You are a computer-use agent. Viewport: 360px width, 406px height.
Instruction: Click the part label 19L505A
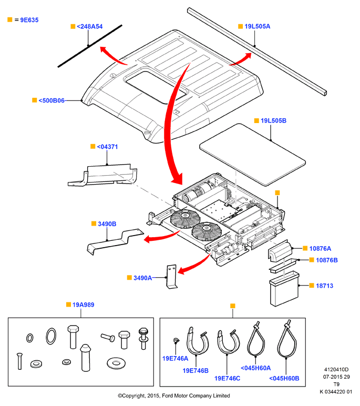(x=257, y=26)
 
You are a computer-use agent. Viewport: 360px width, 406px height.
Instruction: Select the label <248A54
(x=89, y=27)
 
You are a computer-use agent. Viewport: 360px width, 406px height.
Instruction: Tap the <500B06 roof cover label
(x=52, y=100)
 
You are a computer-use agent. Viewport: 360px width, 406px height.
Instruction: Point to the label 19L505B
(x=273, y=120)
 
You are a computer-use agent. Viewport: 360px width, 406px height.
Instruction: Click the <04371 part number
(x=107, y=147)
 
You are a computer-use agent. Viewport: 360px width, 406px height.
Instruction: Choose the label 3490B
(x=107, y=224)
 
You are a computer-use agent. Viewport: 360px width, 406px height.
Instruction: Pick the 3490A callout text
(x=142, y=278)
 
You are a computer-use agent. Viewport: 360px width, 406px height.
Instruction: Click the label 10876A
(x=320, y=249)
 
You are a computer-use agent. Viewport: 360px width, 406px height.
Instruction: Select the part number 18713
(x=325, y=286)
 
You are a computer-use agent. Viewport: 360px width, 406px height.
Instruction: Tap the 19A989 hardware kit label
(x=84, y=305)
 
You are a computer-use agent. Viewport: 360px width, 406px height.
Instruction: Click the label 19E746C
(x=227, y=379)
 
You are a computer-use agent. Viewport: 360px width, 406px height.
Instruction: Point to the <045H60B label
(x=284, y=379)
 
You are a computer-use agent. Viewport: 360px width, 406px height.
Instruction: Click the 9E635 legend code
(x=29, y=20)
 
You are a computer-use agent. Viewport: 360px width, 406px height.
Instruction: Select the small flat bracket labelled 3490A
(x=171, y=277)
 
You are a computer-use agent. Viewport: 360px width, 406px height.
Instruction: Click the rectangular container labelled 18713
(x=284, y=289)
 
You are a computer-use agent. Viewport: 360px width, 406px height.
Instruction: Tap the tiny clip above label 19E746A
(x=176, y=340)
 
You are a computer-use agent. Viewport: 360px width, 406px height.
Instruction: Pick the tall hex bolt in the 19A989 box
(x=73, y=337)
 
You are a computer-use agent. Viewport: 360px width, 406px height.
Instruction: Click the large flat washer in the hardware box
(x=116, y=363)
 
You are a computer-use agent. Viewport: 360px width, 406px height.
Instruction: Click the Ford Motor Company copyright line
(x=174, y=395)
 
